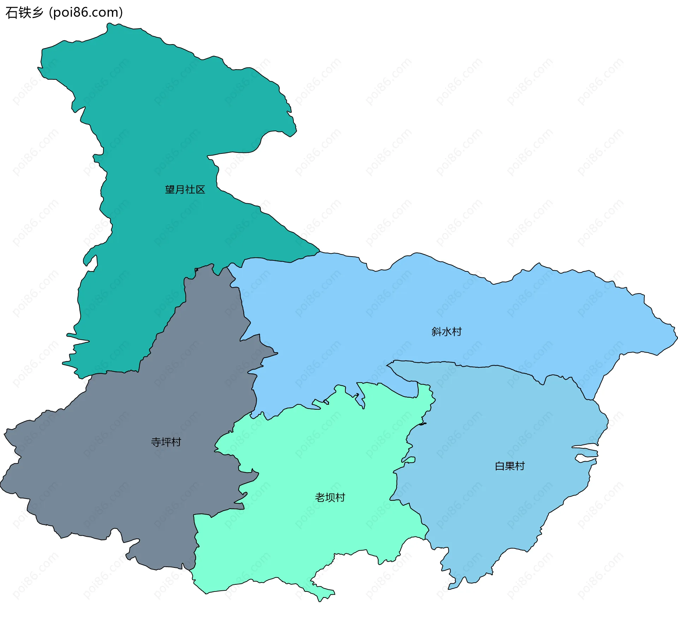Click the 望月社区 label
[185, 190]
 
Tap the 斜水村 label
[446, 332]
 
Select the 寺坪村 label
[166, 442]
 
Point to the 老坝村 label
[330, 498]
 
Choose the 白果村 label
[510, 466]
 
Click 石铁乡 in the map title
[24, 13]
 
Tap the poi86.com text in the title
[86, 13]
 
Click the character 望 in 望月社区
[170, 190]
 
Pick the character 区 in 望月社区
[201, 190]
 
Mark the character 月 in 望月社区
[180, 190]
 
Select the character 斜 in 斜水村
[436, 332]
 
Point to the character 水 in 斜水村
[447, 332]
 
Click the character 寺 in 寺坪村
[156, 442]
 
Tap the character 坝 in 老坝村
[330, 498]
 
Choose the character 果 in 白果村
[510, 466]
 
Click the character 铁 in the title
[24, 13]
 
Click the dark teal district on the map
[159, 124]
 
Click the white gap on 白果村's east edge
[586, 458]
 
